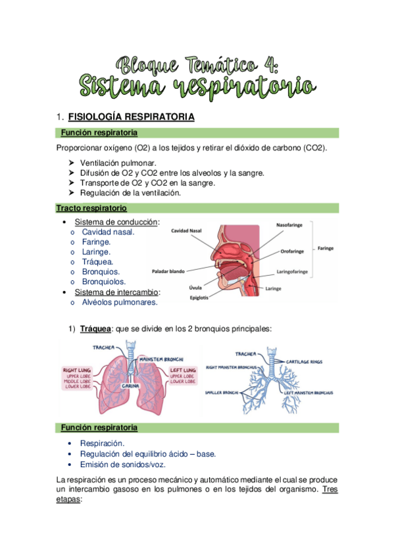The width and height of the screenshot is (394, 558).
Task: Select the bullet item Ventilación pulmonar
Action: pos(118,163)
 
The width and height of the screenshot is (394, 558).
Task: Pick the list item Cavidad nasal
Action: pos(109,232)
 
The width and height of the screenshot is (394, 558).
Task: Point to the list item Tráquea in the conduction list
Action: pos(97,261)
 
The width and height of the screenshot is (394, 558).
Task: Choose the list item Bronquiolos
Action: pos(104,282)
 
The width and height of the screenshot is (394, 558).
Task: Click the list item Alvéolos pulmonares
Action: pos(120,302)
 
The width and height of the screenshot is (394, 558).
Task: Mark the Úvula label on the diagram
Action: pos(195,288)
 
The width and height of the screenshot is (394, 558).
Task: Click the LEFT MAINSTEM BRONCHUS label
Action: pos(308,393)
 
